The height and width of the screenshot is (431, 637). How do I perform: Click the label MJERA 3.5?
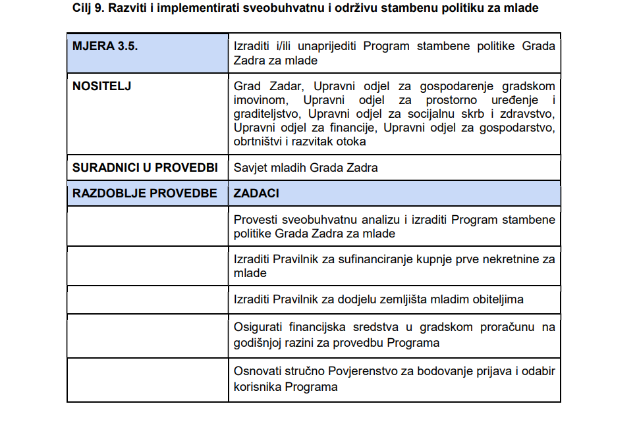pyautogui.click(x=105, y=47)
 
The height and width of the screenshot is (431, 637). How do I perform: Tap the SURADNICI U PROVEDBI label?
pyautogui.click(x=145, y=168)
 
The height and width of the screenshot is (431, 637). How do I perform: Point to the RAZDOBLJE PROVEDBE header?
pyautogui.click(x=145, y=193)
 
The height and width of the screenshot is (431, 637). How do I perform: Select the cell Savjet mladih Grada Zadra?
pyautogui.click(x=306, y=168)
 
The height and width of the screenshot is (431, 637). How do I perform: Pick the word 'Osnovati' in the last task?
pyautogui.click(x=256, y=372)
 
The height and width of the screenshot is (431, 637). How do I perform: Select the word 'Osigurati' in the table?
pyautogui.click(x=257, y=328)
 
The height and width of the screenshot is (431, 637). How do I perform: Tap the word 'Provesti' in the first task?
pyautogui.click(x=255, y=220)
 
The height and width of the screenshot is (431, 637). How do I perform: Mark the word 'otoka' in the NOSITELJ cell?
pyautogui.click(x=351, y=141)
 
